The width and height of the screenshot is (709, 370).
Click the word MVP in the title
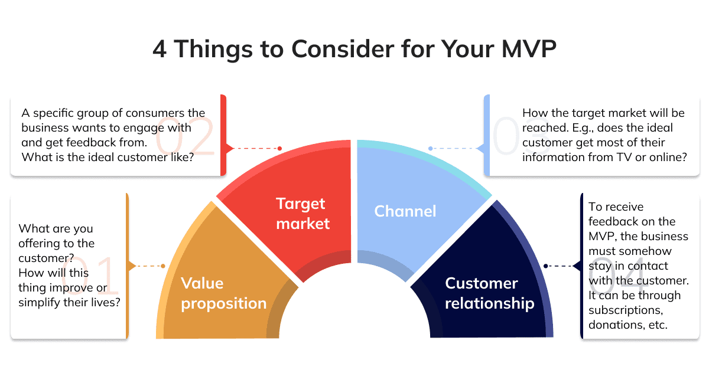point(529,49)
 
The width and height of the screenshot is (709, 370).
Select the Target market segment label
point(303,214)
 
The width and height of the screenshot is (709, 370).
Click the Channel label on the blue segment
point(405,211)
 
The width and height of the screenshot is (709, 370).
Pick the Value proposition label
point(224,293)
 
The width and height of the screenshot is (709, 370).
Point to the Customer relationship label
point(490,293)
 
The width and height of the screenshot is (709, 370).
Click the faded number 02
point(185,136)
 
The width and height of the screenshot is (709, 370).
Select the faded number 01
point(90,274)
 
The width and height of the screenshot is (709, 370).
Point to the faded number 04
point(618,274)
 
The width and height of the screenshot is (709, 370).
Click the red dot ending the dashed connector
point(279,148)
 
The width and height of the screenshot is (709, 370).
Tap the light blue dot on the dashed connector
point(431,148)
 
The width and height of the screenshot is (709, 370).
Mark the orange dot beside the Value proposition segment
point(163,266)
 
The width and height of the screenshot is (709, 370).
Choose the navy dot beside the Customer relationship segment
point(546,266)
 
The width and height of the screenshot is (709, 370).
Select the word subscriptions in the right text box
point(626,310)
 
